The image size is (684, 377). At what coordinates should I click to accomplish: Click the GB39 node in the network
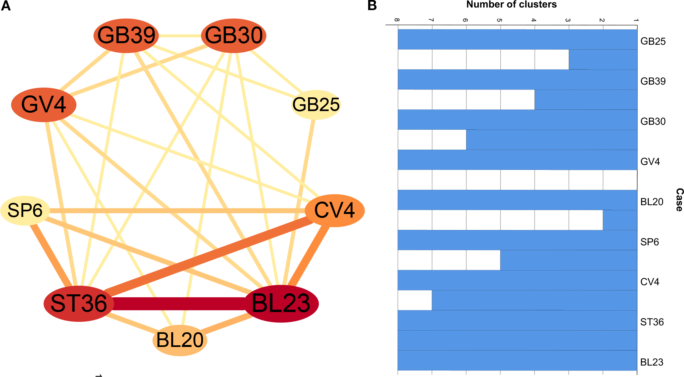click(126, 35)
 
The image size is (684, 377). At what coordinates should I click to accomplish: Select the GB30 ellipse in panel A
click(233, 35)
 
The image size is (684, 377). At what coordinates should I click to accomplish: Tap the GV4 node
click(44, 105)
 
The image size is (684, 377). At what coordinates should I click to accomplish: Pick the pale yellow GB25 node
click(316, 105)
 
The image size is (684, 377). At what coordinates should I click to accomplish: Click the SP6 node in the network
click(25, 210)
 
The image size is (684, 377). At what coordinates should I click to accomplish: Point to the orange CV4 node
click(334, 210)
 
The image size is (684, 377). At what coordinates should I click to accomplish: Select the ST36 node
click(79, 303)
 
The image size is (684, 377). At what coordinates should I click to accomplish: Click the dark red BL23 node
click(281, 303)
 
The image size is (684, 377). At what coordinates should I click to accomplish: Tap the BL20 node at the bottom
click(180, 340)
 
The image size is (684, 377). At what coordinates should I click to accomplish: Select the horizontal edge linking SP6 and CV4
click(177, 211)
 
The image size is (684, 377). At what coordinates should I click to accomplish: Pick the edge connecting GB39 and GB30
click(180, 35)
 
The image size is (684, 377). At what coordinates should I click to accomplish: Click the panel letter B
click(372, 6)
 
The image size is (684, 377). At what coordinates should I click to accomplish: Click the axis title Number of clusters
click(511, 5)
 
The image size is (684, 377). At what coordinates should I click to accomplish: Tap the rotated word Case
click(679, 200)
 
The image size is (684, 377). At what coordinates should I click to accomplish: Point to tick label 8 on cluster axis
click(397, 20)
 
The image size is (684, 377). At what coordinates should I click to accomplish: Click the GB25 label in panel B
click(653, 41)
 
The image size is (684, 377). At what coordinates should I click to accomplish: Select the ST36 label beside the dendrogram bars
click(652, 322)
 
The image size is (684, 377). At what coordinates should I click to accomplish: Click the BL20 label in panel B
click(652, 202)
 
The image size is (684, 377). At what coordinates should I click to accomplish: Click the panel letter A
click(6, 6)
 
